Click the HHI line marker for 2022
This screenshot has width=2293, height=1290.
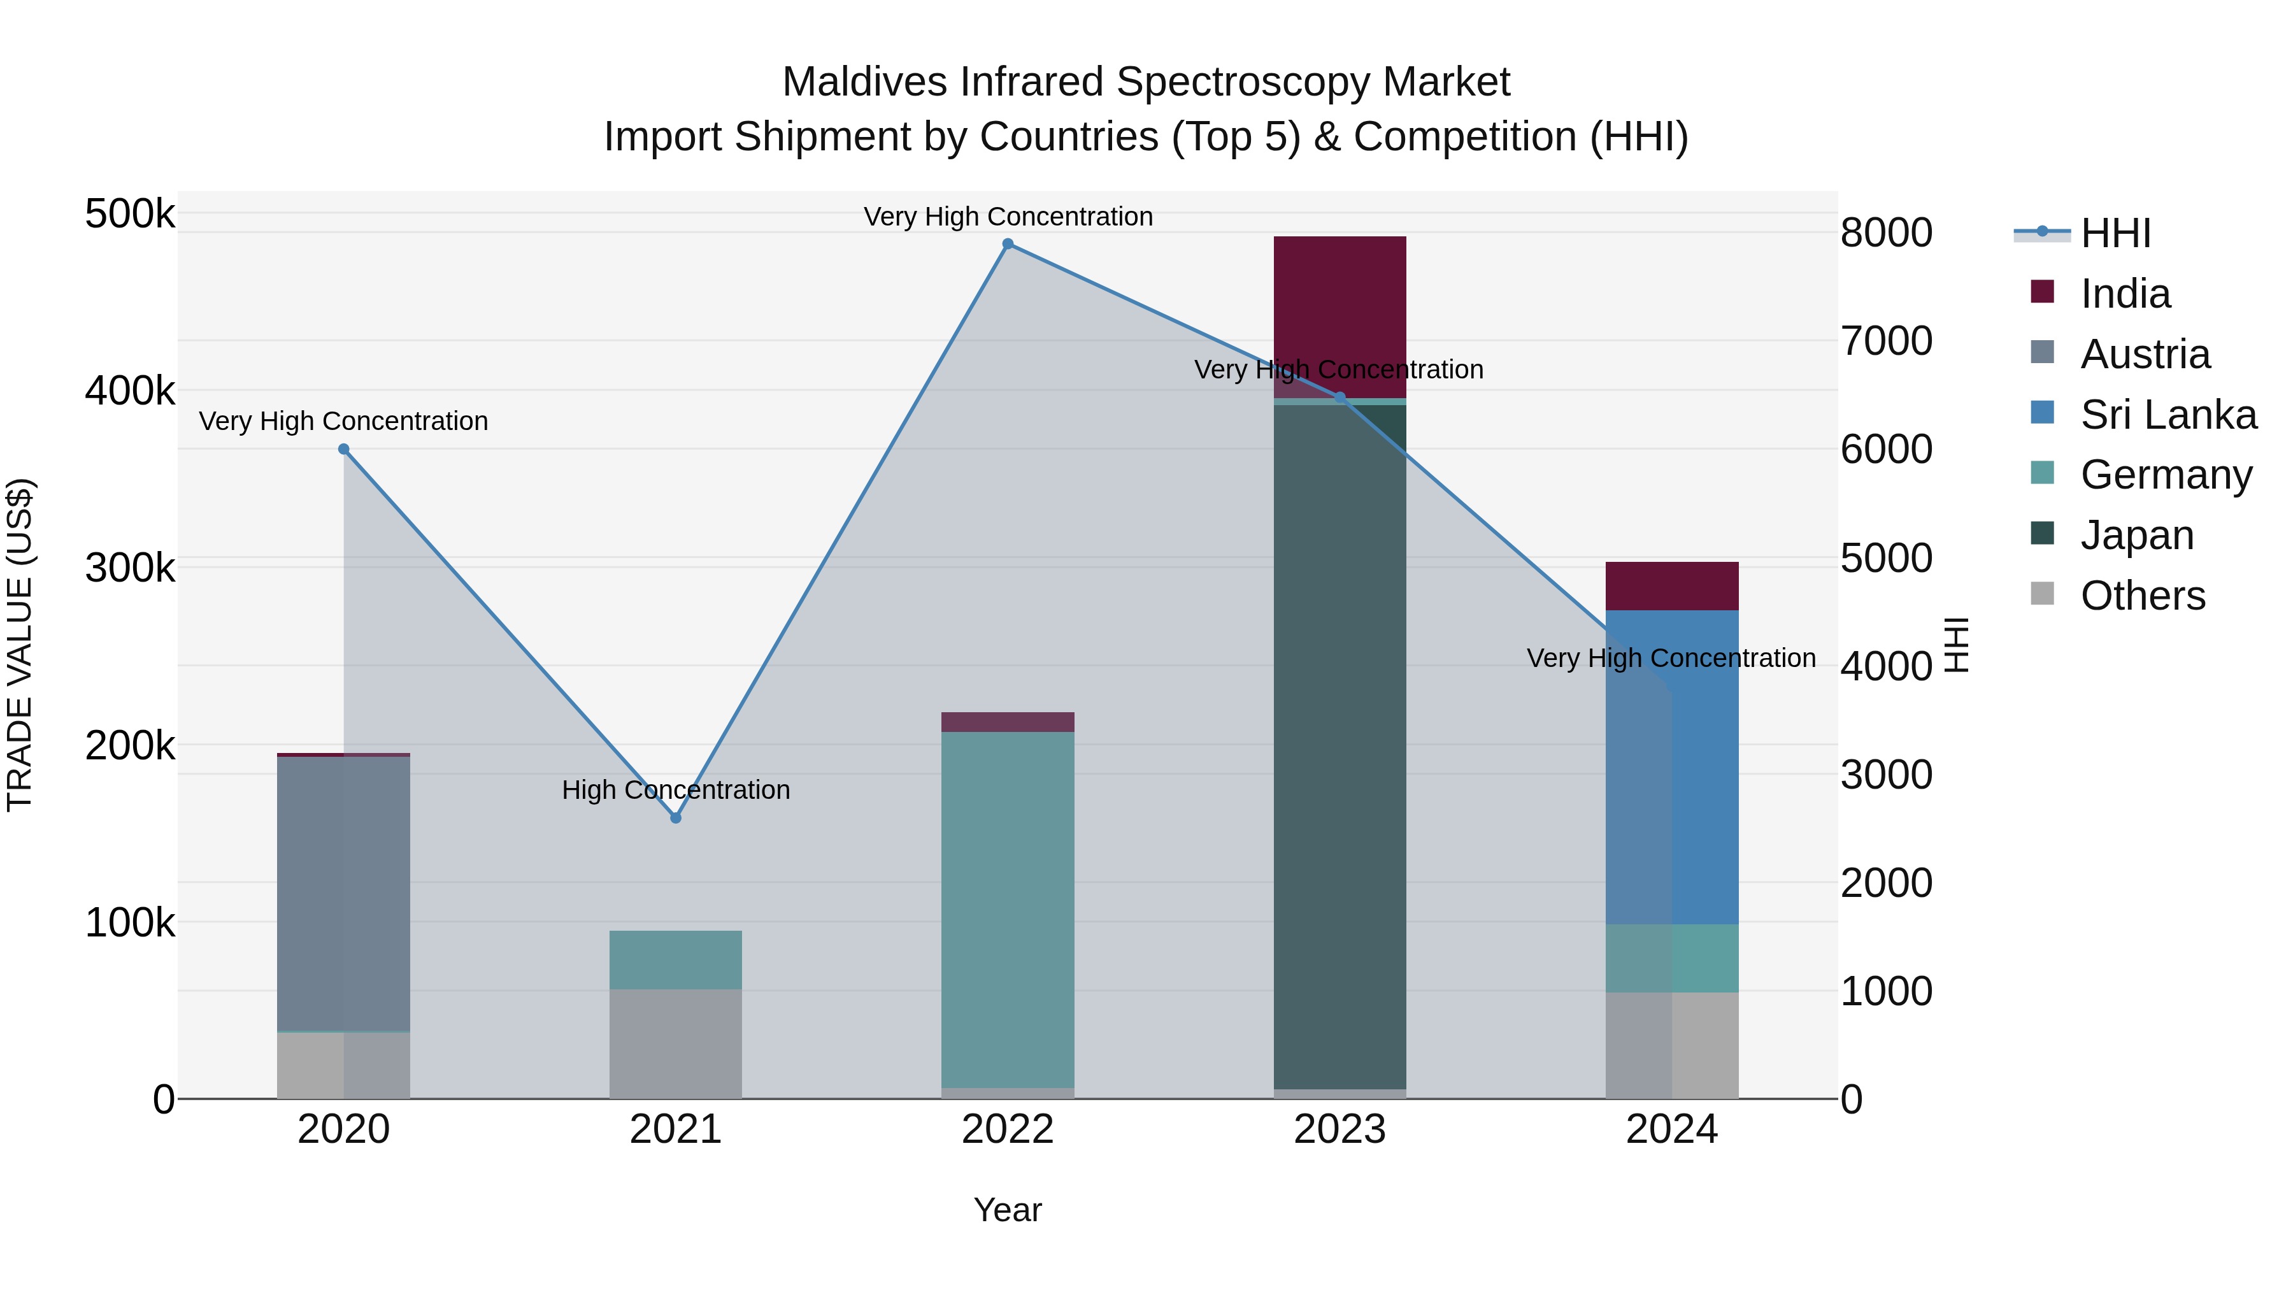[x=1008, y=244]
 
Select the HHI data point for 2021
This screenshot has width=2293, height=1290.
[x=676, y=817]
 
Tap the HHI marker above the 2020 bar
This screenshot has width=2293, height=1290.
[x=343, y=450]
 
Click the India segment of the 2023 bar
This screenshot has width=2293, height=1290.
[x=1339, y=303]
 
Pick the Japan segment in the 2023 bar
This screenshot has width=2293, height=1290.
[x=1339, y=748]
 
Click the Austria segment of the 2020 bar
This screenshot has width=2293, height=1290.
[x=343, y=891]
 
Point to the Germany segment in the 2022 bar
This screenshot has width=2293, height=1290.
[x=1008, y=908]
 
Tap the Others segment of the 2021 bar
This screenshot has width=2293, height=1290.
[x=676, y=1043]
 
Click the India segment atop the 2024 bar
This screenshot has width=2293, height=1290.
[x=1672, y=586]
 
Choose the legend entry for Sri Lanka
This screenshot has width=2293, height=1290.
[x=2168, y=415]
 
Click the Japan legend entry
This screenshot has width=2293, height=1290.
[x=2136, y=535]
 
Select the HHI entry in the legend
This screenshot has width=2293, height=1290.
[x=2114, y=233]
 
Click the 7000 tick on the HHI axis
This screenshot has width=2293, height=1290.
[x=1886, y=341]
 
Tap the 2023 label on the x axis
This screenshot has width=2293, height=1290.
[x=1339, y=1129]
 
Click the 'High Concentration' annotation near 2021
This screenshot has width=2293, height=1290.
[x=676, y=790]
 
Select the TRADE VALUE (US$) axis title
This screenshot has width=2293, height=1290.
[x=20, y=645]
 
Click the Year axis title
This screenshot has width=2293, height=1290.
[x=1008, y=1210]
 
